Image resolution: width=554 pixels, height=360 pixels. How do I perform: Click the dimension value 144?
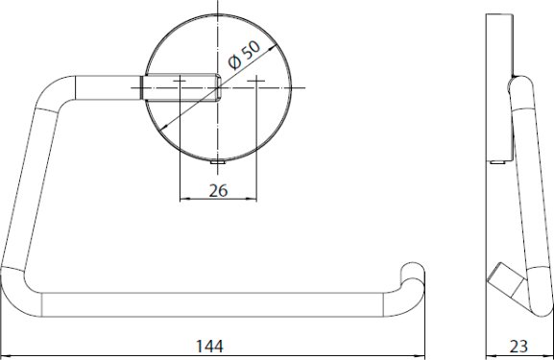(x=209, y=346)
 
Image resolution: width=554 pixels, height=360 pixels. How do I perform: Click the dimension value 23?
(x=518, y=347)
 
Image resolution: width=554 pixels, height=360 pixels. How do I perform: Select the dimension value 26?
(x=218, y=191)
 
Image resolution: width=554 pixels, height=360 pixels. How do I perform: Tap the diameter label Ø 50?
(x=244, y=55)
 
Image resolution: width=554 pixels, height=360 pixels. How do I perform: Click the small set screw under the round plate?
(x=218, y=162)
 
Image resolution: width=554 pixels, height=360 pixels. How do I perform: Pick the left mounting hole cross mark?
(x=180, y=81)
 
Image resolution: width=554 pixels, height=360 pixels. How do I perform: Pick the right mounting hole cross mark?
(x=256, y=81)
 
